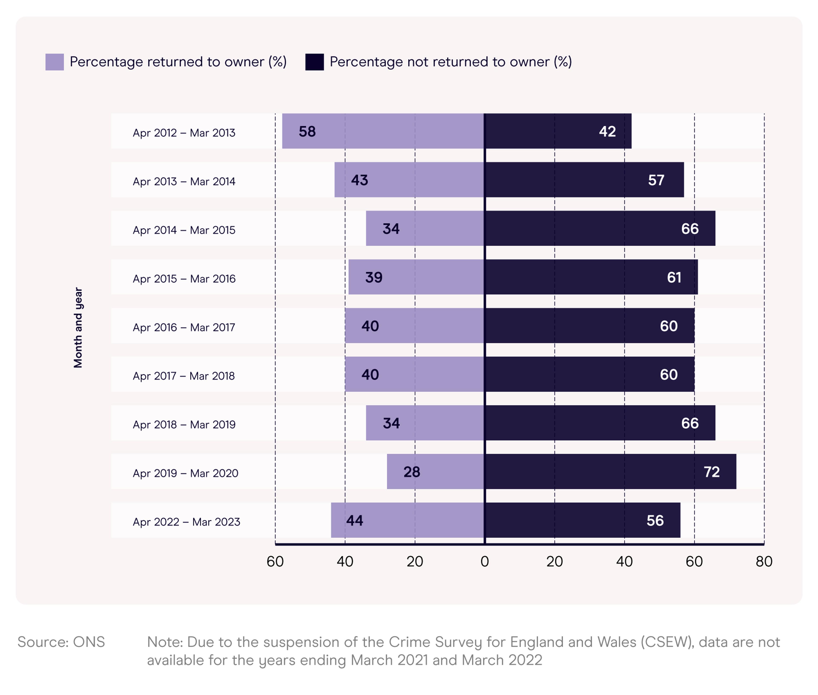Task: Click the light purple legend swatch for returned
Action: coord(54,62)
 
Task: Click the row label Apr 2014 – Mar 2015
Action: coord(184,230)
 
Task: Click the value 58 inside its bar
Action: coord(307,131)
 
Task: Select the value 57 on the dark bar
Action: coord(656,180)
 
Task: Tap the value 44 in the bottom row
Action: coord(354,520)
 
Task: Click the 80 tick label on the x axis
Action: coord(764,561)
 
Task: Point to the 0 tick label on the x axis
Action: coord(484,561)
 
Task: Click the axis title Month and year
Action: coord(78,327)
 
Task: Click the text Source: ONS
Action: coord(61,642)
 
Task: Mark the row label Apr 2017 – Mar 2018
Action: coord(184,376)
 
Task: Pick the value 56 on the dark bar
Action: coord(655,520)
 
